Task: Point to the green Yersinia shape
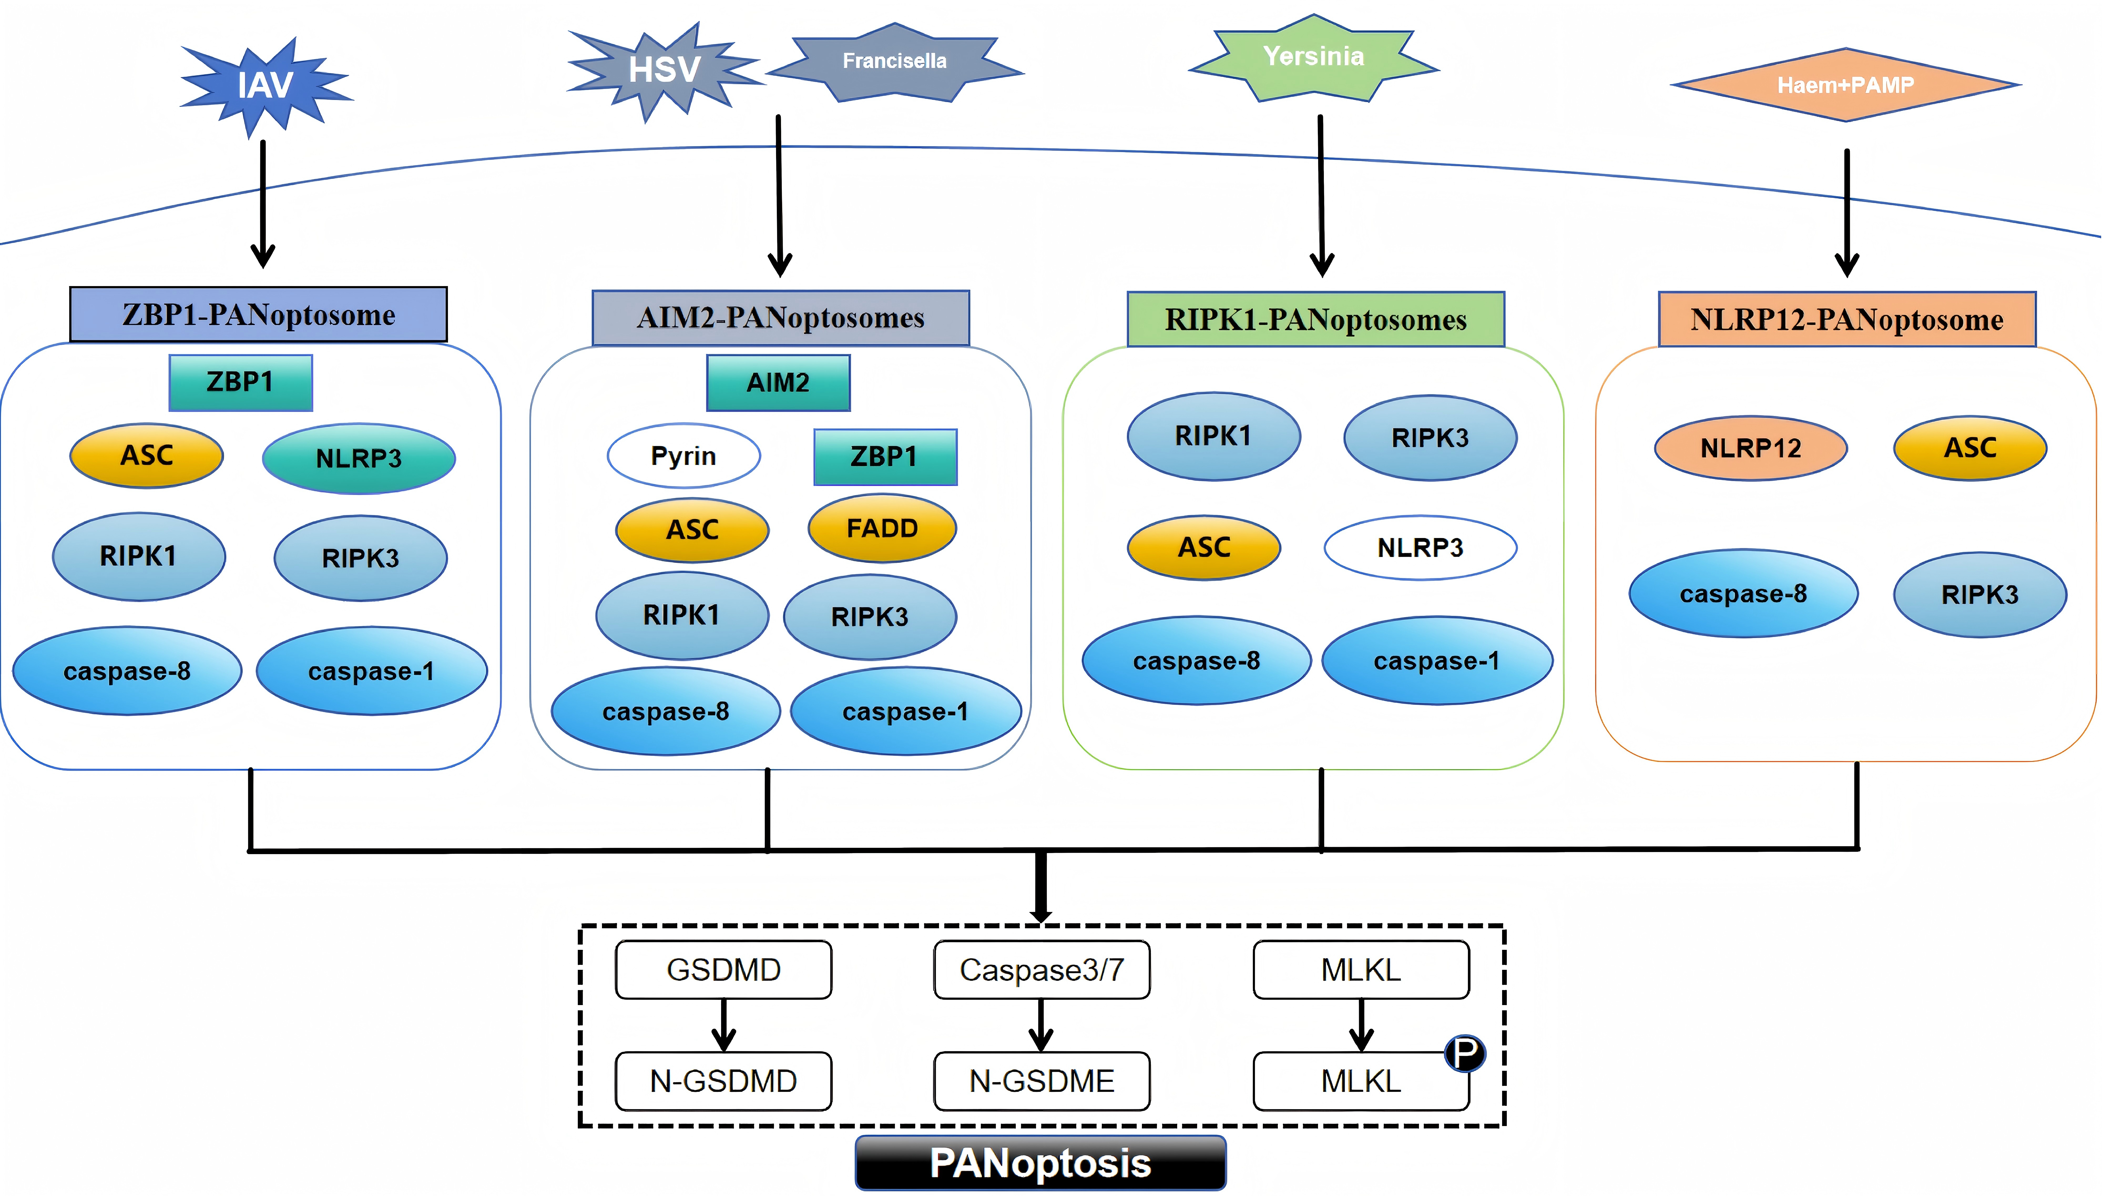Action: tap(1314, 58)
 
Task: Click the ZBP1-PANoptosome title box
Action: tap(259, 315)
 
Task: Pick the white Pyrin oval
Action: tap(683, 456)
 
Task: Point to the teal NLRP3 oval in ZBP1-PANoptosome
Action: tap(359, 458)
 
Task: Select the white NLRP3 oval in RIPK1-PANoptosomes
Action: tap(1420, 548)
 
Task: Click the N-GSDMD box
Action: tap(723, 1081)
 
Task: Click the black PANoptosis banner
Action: tap(1040, 1163)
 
